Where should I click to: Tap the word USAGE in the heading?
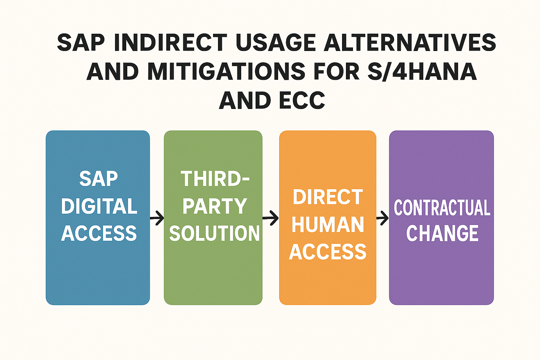[x=276, y=43]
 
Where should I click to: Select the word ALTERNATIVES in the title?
[x=410, y=43]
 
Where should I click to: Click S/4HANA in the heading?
[x=422, y=72]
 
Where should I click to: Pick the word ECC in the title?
[x=302, y=100]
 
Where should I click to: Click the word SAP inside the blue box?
[x=98, y=179]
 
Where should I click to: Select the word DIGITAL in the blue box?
[x=99, y=206]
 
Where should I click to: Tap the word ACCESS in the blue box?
[x=99, y=233]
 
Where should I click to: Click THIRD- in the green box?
[x=215, y=179]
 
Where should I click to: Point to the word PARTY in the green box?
[x=214, y=206]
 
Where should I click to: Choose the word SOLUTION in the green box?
[x=214, y=233]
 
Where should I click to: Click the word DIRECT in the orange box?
[x=328, y=197]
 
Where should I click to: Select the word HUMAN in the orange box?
[x=328, y=225]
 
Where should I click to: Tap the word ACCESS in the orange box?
[x=328, y=252]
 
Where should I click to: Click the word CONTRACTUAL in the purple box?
[x=442, y=207]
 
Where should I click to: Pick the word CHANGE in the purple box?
[x=442, y=233]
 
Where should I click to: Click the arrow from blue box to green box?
[x=157, y=218]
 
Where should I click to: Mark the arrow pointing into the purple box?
[x=382, y=218]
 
